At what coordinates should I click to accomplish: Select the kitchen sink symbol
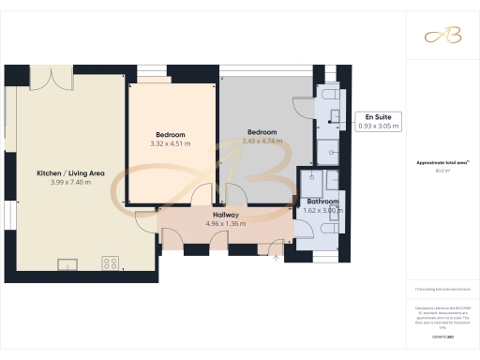pos(67,263)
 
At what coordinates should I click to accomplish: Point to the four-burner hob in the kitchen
pos(110,263)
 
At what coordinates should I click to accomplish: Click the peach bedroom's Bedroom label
pos(171,134)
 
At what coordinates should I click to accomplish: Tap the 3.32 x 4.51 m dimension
pos(171,143)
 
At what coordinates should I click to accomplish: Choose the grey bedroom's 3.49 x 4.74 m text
pos(262,142)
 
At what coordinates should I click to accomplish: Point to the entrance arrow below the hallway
pos(276,256)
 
